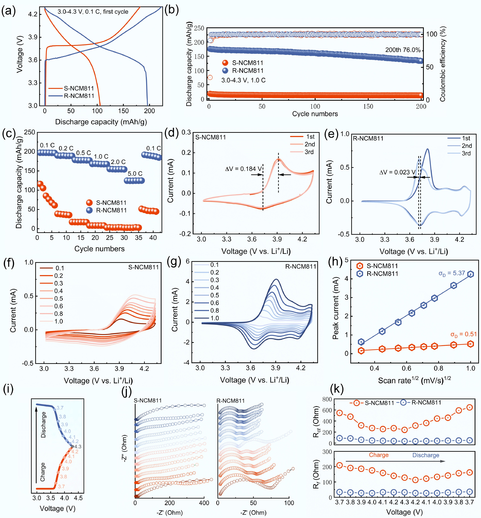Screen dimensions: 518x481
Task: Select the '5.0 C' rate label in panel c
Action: tap(135, 173)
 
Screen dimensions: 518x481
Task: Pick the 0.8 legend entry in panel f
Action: tap(59, 314)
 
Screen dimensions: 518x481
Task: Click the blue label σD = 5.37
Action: tap(452, 273)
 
